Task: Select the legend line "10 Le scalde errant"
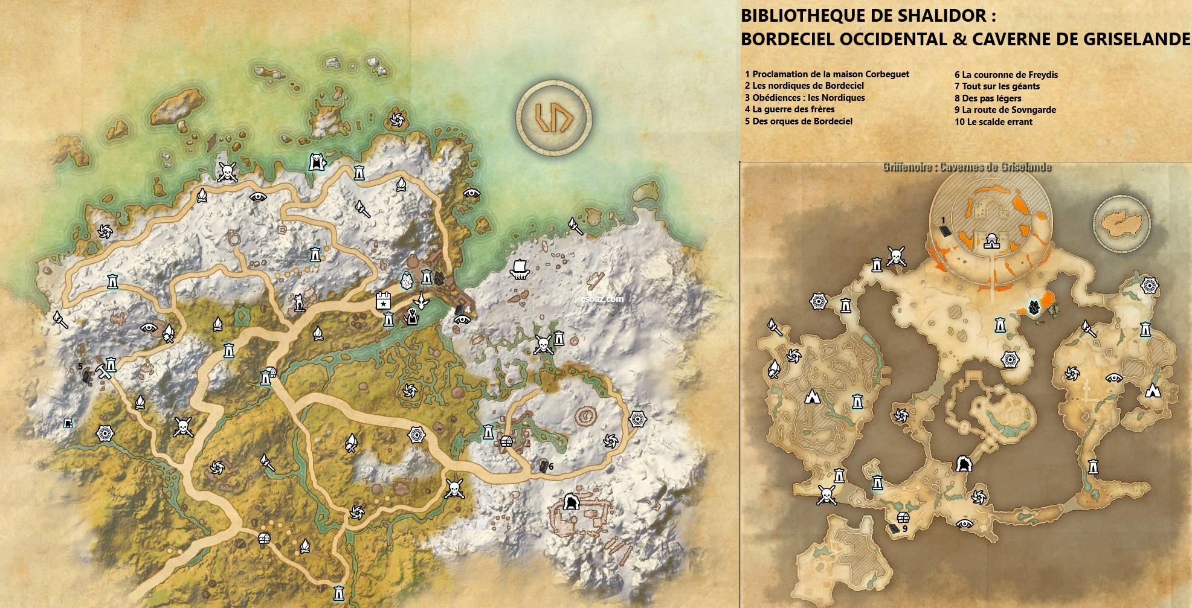[x=993, y=122]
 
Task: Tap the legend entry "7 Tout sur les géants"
[x=997, y=86]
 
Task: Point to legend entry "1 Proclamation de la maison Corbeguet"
[x=826, y=74]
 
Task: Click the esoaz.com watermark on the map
[x=602, y=298]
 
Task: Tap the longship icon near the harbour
[x=519, y=269]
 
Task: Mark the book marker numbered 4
[x=460, y=310]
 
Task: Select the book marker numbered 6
[x=544, y=466]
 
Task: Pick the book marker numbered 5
[x=86, y=376]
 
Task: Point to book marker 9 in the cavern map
[x=894, y=529]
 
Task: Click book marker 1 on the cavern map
[x=945, y=230]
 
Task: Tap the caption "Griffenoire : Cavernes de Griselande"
[x=967, y=167]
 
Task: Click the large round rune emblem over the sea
[x=553, y=117]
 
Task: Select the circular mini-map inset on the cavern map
[x=1121, y=223]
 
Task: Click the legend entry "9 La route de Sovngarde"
[x=1005, y=110]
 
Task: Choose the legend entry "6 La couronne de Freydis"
[x=1006, y=75]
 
